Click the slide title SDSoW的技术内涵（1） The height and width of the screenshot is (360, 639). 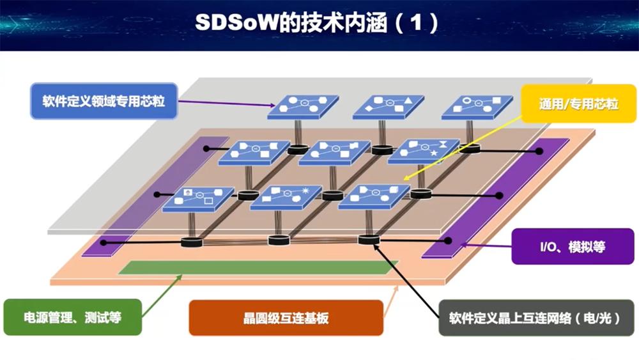317,24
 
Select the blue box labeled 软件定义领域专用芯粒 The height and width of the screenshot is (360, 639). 104,101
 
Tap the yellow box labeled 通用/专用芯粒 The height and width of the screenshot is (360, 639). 579,104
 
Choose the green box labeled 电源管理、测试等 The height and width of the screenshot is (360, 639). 72,317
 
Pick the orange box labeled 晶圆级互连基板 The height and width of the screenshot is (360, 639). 286,317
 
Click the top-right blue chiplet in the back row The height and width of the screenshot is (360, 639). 477,106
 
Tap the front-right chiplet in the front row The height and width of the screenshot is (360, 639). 373,196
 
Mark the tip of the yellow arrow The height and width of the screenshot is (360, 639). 404,180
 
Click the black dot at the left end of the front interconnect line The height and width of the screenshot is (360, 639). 105,242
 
